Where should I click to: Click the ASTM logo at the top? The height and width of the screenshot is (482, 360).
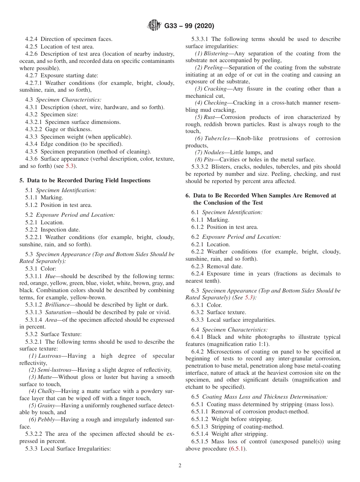tap(153, 26)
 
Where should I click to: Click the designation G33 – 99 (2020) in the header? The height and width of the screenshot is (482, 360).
tap(189, 26)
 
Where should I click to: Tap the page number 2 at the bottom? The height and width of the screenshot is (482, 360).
tap(180, 466)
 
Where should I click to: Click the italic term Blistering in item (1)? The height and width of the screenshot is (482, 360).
tap(216, 53)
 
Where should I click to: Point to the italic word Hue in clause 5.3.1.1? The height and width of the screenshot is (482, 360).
tap(50, 276)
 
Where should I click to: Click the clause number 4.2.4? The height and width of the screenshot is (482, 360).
tap(31, 39)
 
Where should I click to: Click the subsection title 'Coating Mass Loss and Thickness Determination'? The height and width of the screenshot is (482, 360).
tap(265, 397)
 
